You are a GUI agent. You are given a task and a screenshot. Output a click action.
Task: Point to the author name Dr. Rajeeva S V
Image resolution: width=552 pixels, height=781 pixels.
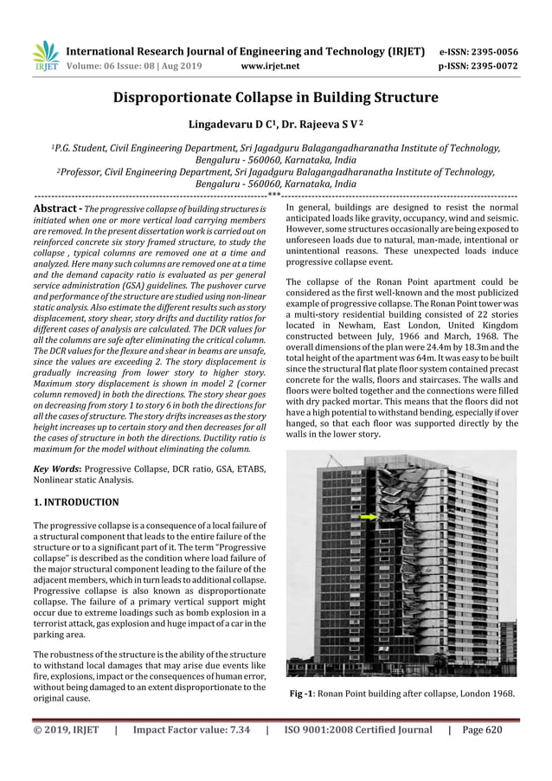click(x=318, y=126)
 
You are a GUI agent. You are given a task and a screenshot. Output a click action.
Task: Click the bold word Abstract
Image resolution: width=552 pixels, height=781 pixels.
click(x=56, y=210)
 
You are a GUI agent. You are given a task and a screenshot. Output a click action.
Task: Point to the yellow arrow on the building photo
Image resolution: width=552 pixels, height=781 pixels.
click(x=369, y=517)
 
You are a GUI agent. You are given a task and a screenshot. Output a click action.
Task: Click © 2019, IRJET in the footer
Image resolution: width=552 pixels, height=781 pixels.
click(x=66, y=729)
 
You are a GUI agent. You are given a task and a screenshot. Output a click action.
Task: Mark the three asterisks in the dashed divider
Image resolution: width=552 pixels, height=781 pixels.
click(x=275, y=196)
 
